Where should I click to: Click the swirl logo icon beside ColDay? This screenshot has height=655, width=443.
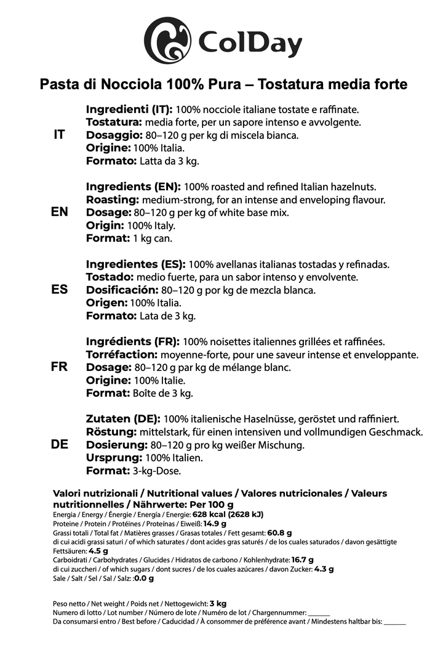point(167,40)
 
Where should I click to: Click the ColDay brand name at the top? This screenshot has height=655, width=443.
point(250,44)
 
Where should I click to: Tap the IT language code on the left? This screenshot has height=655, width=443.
point(60,135)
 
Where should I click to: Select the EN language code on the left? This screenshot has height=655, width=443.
point(60,212)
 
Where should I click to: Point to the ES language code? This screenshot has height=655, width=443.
point(60,290)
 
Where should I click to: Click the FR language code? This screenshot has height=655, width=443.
point(60,367)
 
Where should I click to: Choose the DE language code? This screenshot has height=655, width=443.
point(60,445)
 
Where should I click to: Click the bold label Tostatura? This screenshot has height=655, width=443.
point(117,122)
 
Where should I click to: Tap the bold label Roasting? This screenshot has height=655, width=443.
point(113,199)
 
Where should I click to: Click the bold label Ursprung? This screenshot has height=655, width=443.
point(114,458)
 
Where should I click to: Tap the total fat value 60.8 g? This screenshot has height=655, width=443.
point(279,533)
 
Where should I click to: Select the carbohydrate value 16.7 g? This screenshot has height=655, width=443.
point(298,560)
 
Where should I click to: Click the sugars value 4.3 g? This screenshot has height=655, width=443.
point(324,569)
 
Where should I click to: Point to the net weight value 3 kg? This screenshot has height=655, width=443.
point(218,604)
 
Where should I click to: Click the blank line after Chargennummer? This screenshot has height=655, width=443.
point(319,613)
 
